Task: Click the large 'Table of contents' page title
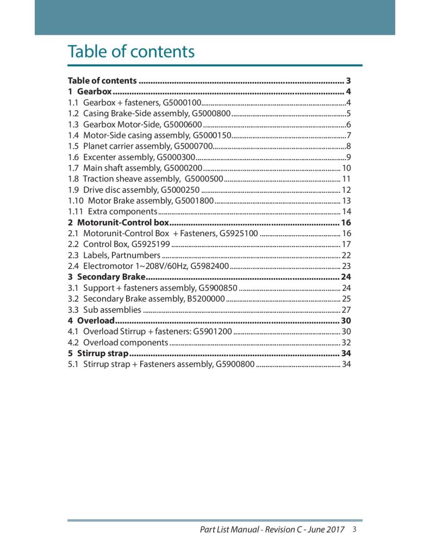pyautogui.click(x=130, y=52)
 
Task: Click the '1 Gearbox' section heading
pyautogui.click(x=90, y=91)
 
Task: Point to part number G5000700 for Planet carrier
pyautogui.click(x=192, y=146)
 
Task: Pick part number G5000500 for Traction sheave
pyautogui.click(x=204, y=179)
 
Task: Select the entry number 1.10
pyautogui.click(x=75, y=200)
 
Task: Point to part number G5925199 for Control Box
pyautogui.click(x=151, y=244)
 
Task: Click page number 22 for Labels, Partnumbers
pyautogui.click(x=346, y=255)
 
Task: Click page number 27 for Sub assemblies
pyautogui.click(x=346, y=310)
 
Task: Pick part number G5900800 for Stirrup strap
pyautogui.click(x=235, y=364)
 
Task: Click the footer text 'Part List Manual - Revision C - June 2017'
pyautogui.click(x=272, y=530)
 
